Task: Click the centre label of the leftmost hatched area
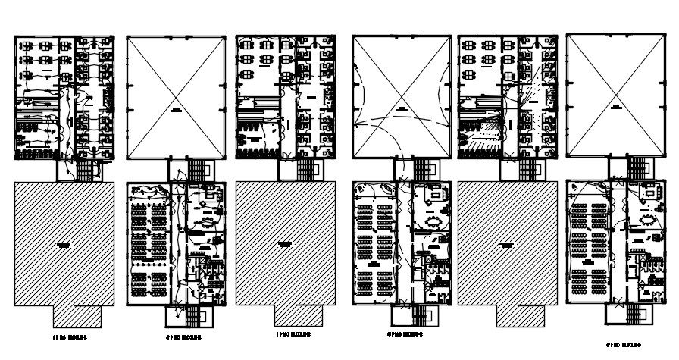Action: [x=64, y=244]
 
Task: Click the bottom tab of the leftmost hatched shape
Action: [x=75, y=314]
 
